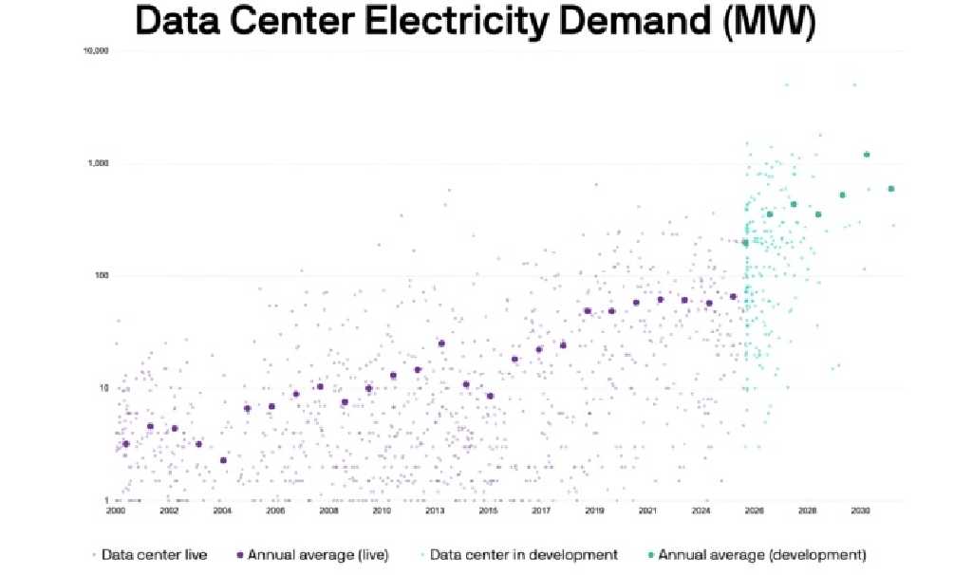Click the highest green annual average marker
pos(867,155)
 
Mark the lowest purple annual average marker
pos(223,460)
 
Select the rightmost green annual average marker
pos(891,189)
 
